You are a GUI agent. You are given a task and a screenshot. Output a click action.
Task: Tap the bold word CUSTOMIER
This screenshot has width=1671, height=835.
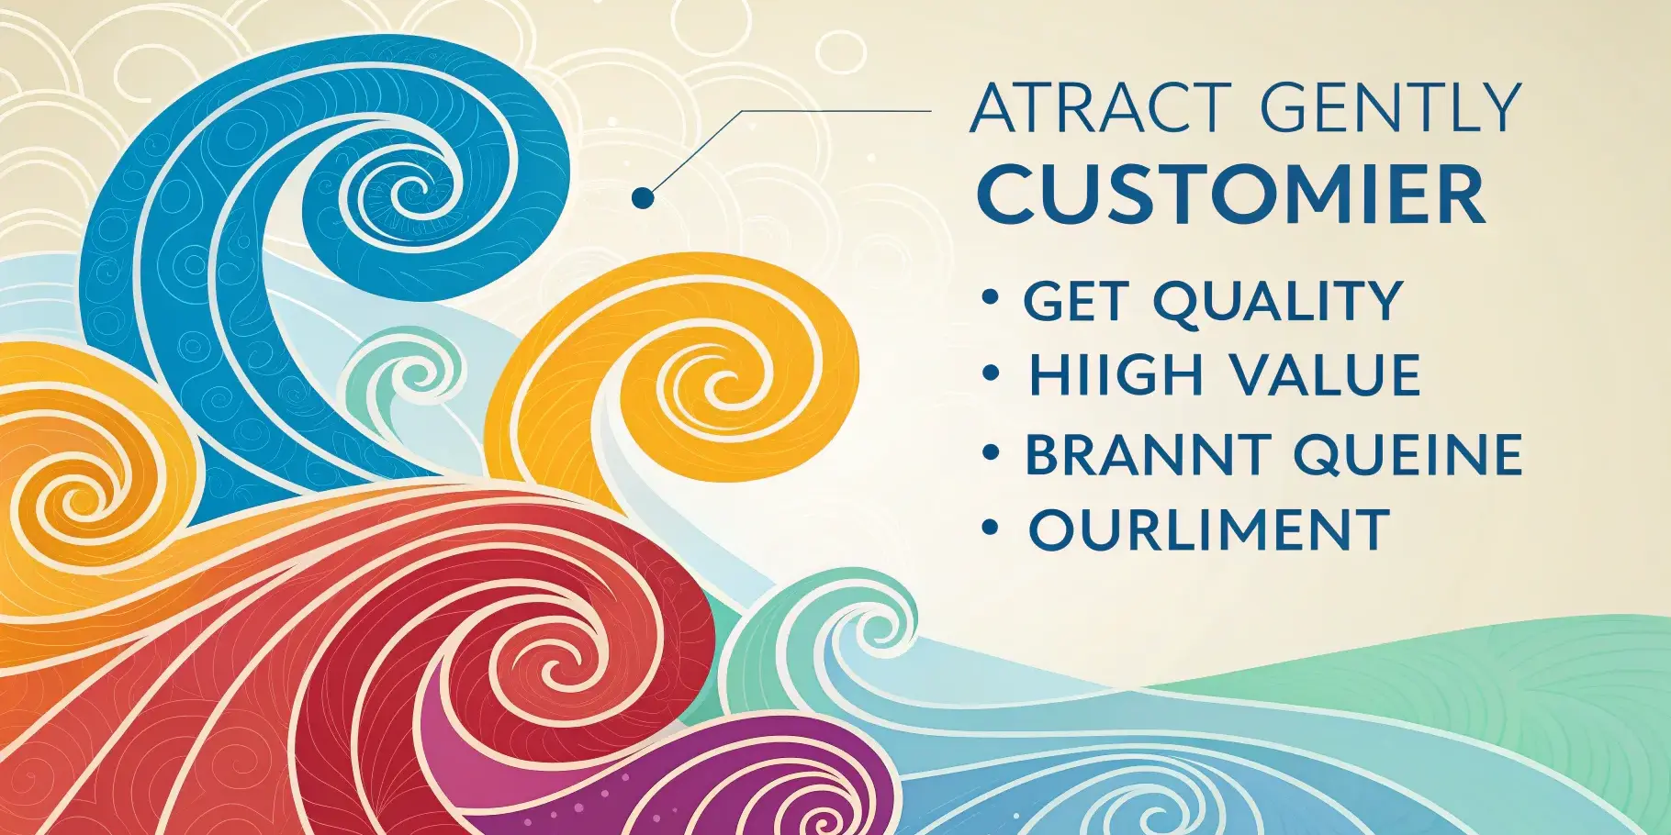point(1230,195)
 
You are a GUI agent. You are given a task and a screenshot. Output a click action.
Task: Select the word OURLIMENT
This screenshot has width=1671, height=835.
point(1208,529)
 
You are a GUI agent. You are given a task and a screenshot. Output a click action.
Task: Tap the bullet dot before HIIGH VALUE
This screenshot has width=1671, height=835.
point(990,373)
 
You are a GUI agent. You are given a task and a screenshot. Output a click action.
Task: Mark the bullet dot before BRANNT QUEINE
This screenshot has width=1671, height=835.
point(990,451)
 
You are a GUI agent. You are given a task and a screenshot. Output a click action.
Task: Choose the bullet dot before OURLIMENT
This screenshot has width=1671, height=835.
point(990,527)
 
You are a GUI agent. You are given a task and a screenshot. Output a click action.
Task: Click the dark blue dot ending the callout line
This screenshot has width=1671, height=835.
point(643,196)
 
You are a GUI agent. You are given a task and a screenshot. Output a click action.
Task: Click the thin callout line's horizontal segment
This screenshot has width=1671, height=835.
point(835,111)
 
